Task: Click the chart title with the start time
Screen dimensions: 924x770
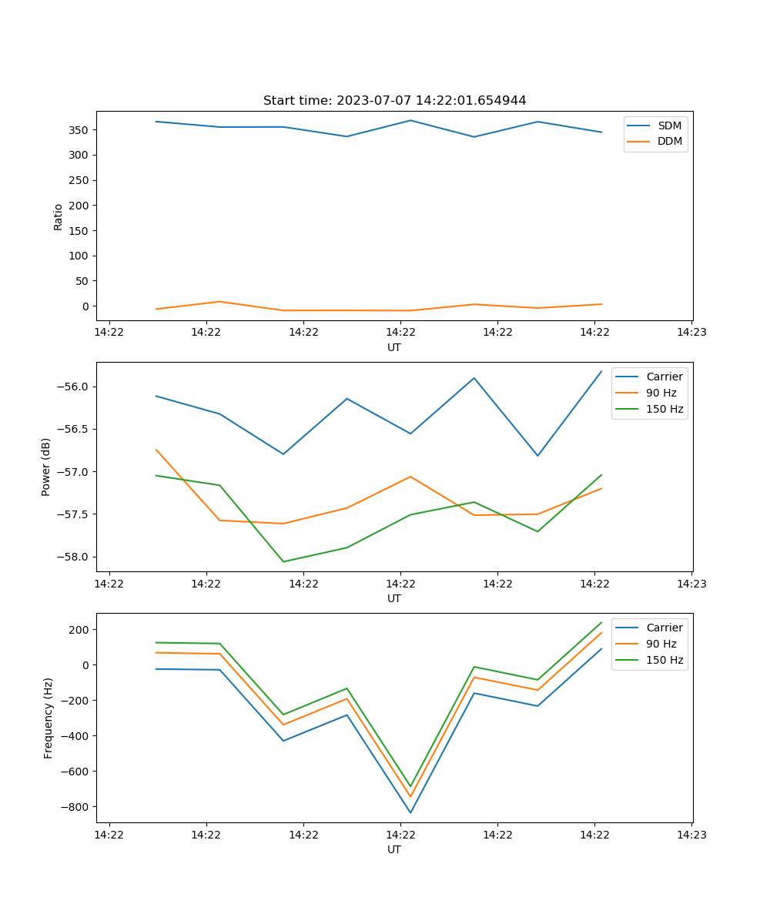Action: (394, 101)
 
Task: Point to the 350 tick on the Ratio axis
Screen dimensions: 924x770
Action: (80, 130)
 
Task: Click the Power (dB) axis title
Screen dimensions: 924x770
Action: (46, 467)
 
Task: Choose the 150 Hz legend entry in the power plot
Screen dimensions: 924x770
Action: (665, 409)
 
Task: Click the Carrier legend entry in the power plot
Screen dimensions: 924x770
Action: (665, 377)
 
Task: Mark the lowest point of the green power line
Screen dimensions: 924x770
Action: (283, 561)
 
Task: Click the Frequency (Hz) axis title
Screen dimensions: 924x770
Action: (49, 718)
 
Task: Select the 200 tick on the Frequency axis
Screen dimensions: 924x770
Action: (80, 630)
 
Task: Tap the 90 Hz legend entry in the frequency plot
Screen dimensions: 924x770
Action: (661, 644)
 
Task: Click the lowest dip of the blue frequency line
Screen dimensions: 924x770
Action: (410, 812)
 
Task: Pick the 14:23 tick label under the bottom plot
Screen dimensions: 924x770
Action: (691, 834)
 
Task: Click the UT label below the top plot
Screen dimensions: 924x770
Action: (394, 347)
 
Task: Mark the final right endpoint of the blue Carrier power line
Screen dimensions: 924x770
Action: (601, 371)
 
